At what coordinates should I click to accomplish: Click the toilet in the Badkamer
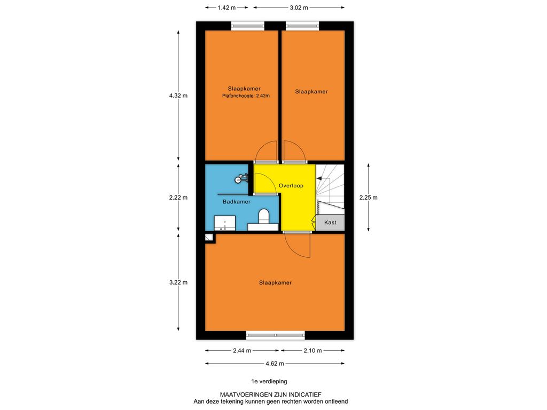[263, 217]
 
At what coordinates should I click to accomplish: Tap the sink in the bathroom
[225, 223]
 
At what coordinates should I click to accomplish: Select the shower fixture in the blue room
[241, 178]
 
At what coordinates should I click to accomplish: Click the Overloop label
[291, 185]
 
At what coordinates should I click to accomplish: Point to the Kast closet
[330, 223]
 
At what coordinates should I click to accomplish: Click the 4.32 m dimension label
[178, 96]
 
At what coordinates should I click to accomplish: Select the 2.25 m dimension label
[369, 198]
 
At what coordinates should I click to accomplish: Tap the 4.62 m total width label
[275, 364]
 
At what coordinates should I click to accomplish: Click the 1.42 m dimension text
[226, 7]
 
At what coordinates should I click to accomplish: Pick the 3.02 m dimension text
[299, 7]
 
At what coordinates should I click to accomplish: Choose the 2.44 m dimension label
[242, 350]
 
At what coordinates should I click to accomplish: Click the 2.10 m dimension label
[312, 350]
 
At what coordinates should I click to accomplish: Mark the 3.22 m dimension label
[178, 282]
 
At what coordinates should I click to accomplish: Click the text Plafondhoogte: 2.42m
[246, 96]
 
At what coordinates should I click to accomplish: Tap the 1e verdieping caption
[269, 381]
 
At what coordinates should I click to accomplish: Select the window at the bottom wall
[276, 335]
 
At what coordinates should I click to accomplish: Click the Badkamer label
[237, 201]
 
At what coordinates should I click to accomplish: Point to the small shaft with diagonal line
[209, 238]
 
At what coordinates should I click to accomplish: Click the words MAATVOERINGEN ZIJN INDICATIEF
[271, 395]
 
